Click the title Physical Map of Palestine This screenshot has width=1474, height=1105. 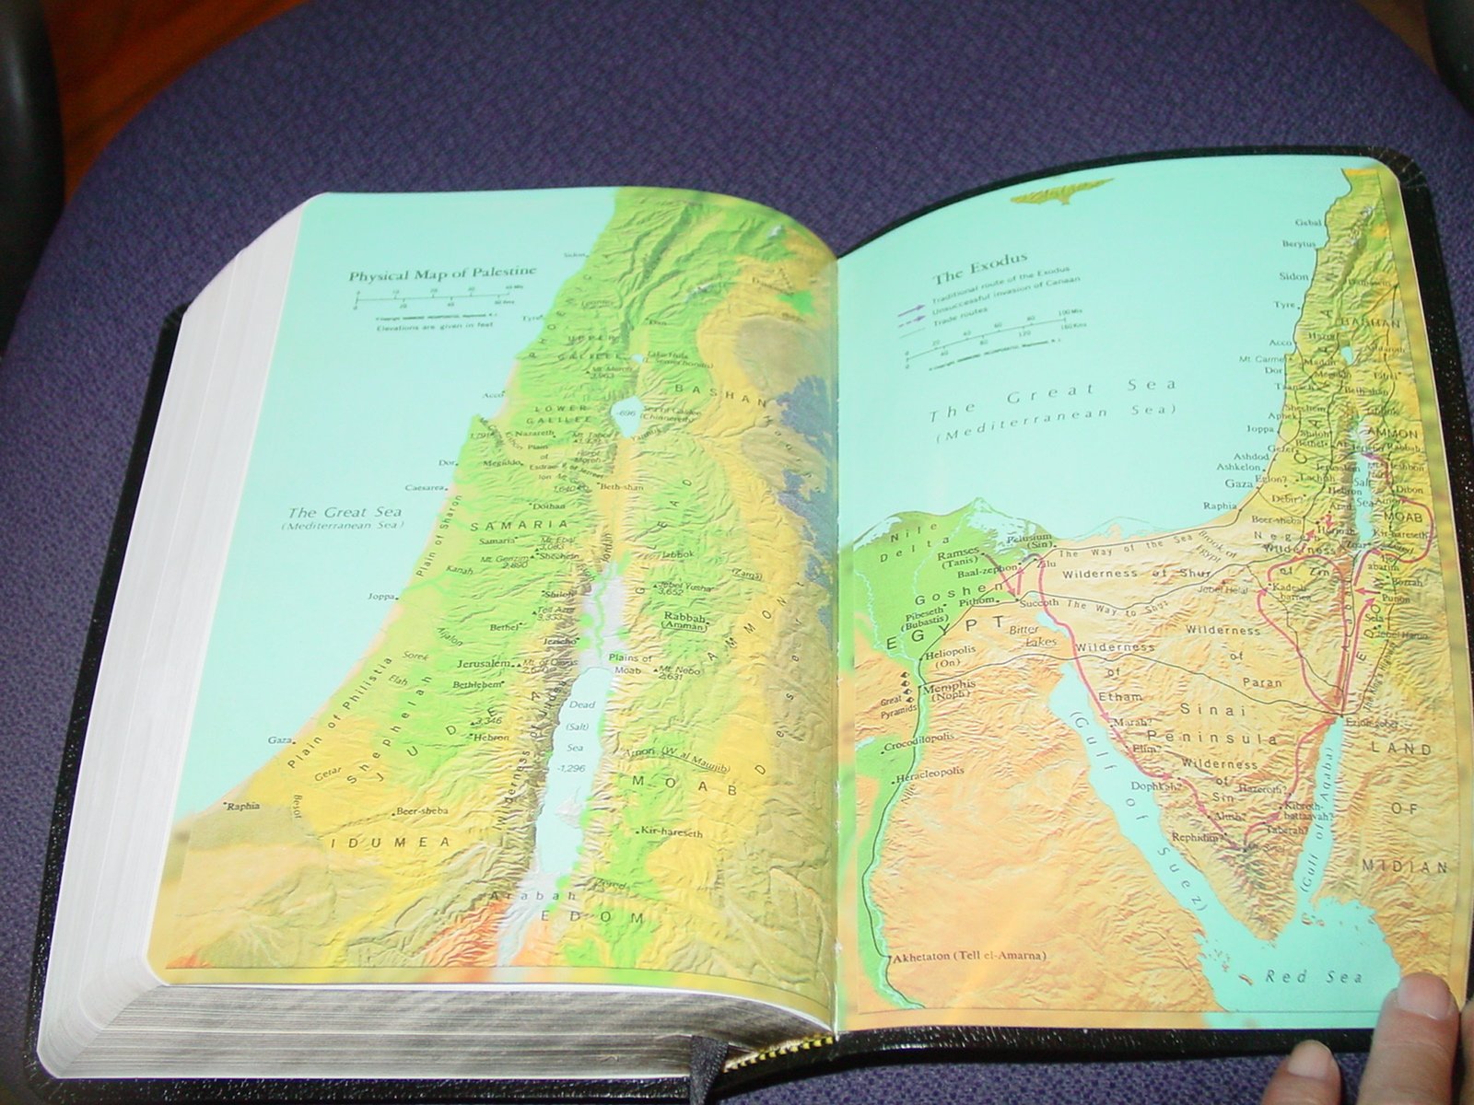441,274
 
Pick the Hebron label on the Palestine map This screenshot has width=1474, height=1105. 491,738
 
